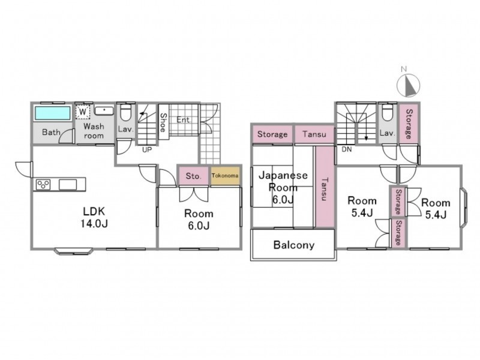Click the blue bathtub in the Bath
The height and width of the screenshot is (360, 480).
click(53, 113)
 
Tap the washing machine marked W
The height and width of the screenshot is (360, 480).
click(83, 112)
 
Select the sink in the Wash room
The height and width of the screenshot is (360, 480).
click(104, 110)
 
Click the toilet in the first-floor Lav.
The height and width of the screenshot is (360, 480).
click(125, 113)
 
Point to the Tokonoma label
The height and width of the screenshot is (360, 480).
click(225, 176)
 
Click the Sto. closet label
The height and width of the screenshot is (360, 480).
click(193, 176)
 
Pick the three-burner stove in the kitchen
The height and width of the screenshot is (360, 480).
click(43, 185)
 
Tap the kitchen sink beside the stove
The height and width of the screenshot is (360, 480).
click(68, 185)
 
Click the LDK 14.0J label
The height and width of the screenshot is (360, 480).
click(94, 217)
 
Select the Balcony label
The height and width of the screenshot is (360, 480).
click(294, 245)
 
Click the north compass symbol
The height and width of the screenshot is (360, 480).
click(408, 85)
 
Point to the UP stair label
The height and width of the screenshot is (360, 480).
click(147, 149)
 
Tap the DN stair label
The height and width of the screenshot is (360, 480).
click(347, 149)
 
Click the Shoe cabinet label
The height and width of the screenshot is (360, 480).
click(163, 122)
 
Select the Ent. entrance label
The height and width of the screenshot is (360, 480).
click(183, 120)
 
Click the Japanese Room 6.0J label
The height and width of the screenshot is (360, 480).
click(283, 187)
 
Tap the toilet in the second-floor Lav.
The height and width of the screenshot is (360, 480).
click(388, 113)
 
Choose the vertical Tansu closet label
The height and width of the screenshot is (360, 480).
click(324, 189)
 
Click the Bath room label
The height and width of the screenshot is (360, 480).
click(51, 132)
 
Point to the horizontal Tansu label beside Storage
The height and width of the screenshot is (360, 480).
click(314, 134)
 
